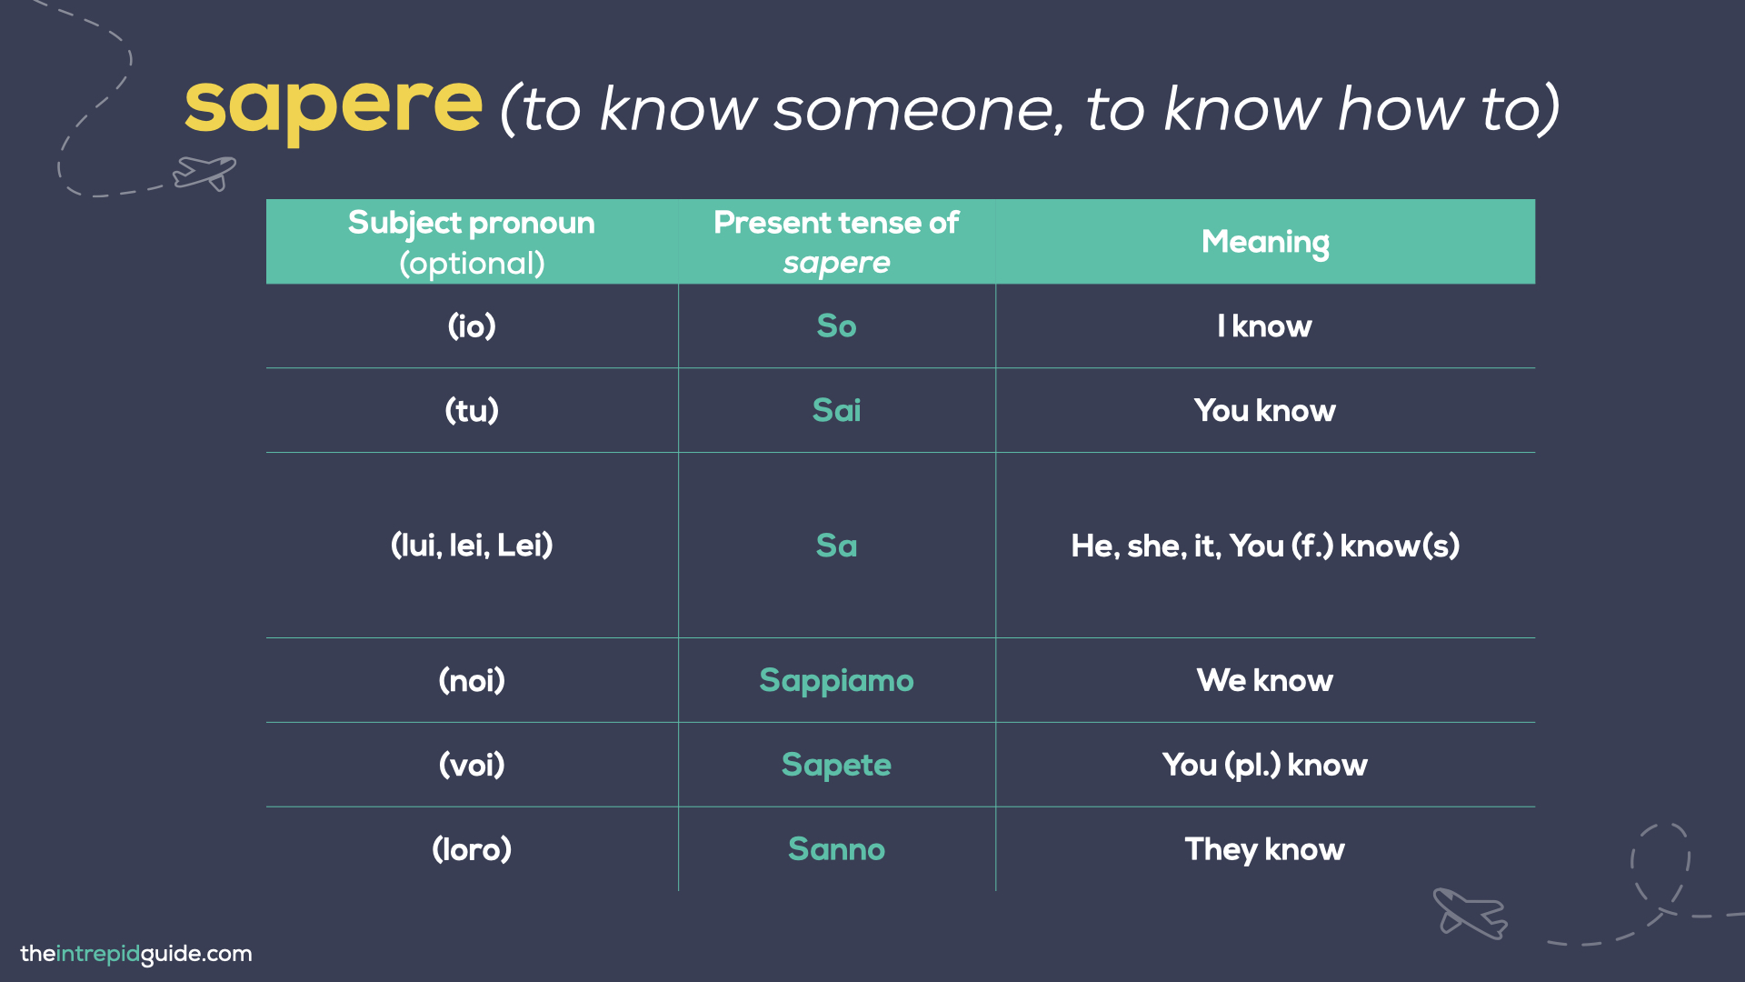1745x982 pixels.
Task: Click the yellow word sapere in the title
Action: pyautogui.click(x=334, y=107)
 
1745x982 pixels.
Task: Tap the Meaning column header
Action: pyautogui.click(x=1264, y=242)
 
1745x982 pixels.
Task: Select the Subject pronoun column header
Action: pyautogui.click(x=472, y=242)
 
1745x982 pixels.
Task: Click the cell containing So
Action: pyautogui.click(x=836, y=326)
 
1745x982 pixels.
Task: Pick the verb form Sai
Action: pyautogui.click(x=836, y=410)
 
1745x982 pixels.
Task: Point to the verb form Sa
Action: pyautogui.click(x=836, y=546)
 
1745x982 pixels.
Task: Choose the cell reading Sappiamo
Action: pyautogui.click(x=836, y=680)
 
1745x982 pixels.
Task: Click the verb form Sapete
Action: pyautogui.click(x=836, y=765)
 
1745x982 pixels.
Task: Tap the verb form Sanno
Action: pyautogui.click(x=836, y=849)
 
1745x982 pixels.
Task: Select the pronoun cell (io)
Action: pyautogui.click(x=472, y=326)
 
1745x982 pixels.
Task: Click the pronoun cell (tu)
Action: pyautogui.click(x=472, y=410)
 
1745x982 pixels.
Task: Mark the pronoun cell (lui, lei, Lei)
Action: pyautogui.click(x=472, y=546)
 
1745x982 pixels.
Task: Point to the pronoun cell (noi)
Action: pyautogui.click(x=472, y=680)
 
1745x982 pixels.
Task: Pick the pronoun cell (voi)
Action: pyautogui.click(x=472, y=765)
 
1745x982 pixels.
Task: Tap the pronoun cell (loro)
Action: pyautogui.click(x=472, y=849)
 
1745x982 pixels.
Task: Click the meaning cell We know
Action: pyautogui.click(x=1264, y=680)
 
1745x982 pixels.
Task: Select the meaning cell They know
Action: pyautogui.click(x=1264, y=849)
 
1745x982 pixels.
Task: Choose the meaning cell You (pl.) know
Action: pyautogui.click(x=1264, y=765)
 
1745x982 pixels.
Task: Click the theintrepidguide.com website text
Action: pyautogui.click(x=136, y=954)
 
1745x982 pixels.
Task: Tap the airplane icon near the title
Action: pyautogui.click(x=205, y=172)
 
